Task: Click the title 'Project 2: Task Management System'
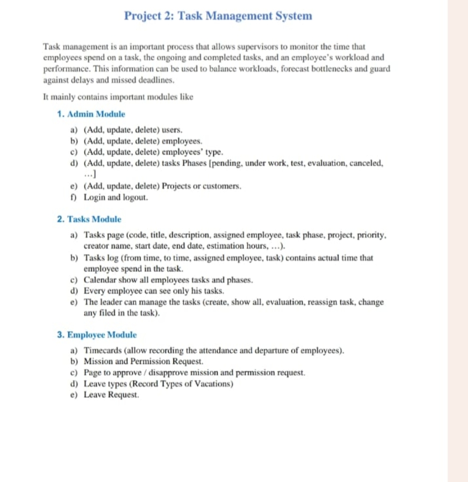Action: [x=218, y=16]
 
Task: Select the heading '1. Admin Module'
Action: [x=91, y=114]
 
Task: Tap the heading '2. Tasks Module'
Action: [x=89, y=219]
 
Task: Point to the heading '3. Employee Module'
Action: [x=97, y=335]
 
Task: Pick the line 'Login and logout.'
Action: [x=116, y=197]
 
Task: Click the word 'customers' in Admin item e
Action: [x=224, y=186]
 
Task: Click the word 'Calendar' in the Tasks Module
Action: [x=98, y=280]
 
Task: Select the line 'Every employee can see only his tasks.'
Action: [x=154, y=291]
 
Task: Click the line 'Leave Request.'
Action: [x=111, y=395]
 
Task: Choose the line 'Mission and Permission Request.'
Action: [x=143, y=361]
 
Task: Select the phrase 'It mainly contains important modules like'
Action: [x=118, y=97]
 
